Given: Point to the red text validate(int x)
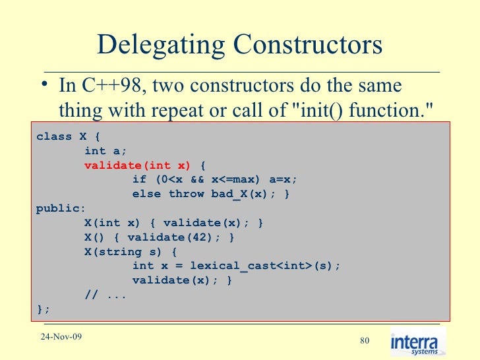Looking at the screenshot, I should pyautogui.click(x=137, y=165).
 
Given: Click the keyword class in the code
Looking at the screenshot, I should pyautogui.click(x=53, y=136).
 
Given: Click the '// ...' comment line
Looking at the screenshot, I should pyautogui.click(x=105, y=295).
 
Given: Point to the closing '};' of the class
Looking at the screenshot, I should pyautogui.click(x=43, y=309).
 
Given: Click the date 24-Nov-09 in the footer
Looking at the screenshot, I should pyautogui.click(x=60, y=338).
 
